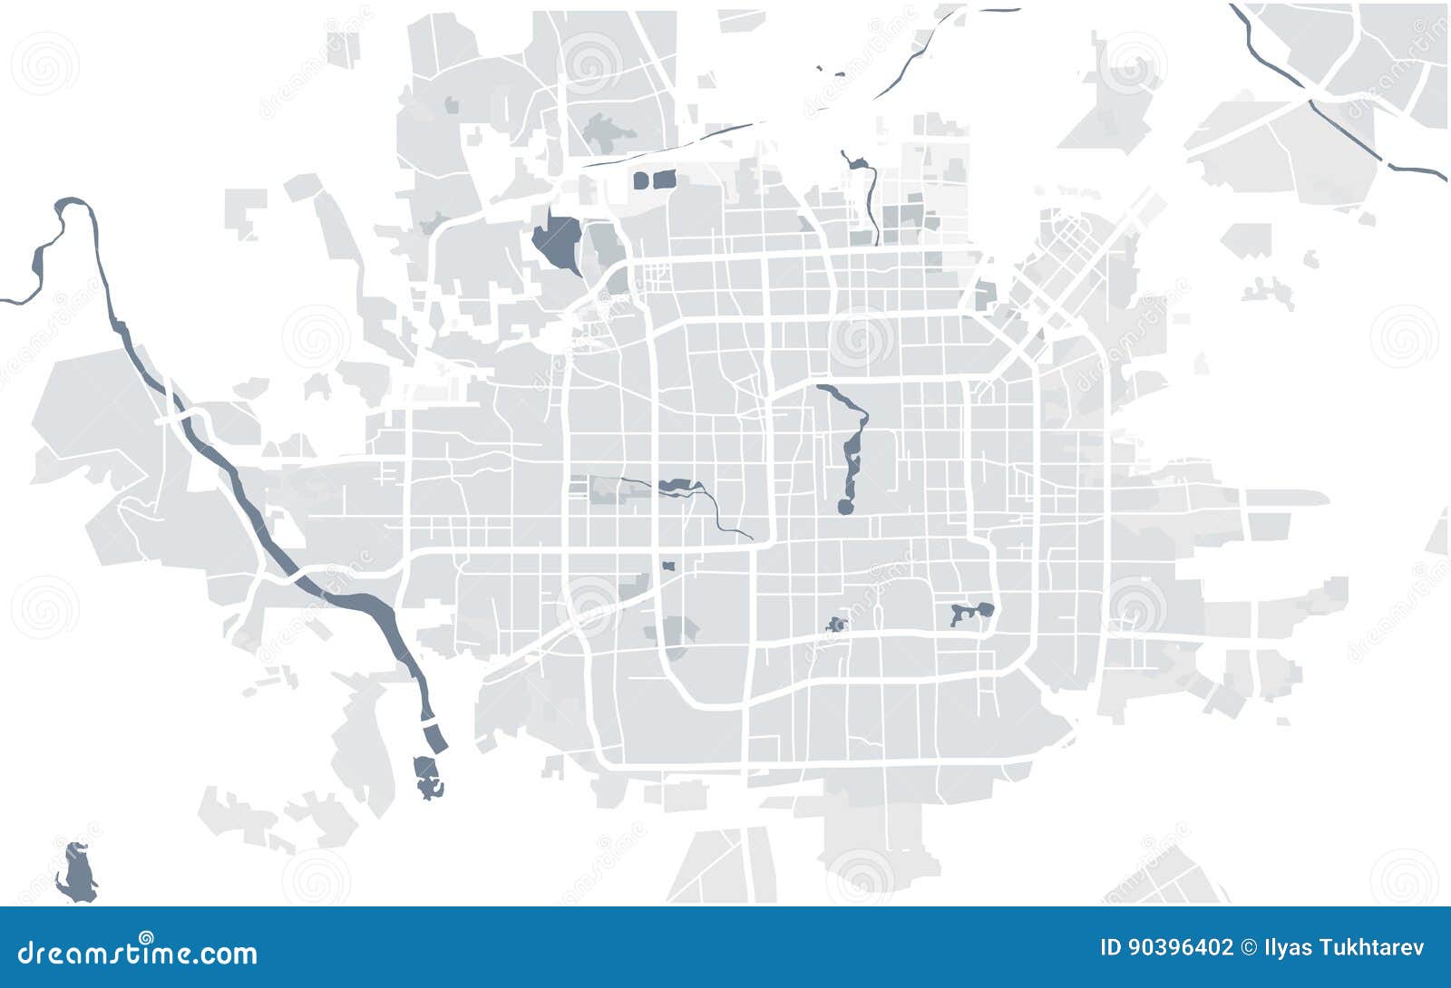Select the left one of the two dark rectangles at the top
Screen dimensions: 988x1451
pos(641,180)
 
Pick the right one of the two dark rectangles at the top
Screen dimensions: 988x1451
pos(665,179)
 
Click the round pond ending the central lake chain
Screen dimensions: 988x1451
pos(845,507)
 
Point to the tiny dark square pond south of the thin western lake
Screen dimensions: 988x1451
pos(668,567)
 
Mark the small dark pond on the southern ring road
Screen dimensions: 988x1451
pos(836,625)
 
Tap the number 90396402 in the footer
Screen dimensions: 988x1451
pos(1179,948)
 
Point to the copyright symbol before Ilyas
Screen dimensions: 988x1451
pos(1247,948)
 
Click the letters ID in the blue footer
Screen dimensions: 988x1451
pos(1110,948)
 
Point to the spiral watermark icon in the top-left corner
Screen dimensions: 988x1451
pos(44,63)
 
